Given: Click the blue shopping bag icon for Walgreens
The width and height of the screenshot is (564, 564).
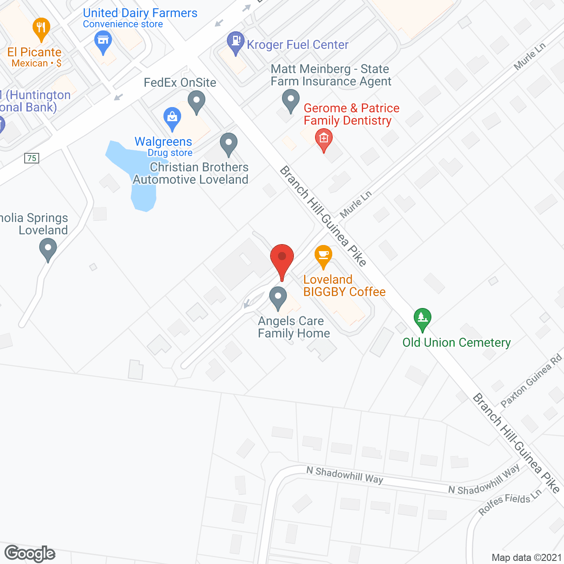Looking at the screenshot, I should click(172, 118).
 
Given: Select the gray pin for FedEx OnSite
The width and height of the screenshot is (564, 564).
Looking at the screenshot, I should click(197, 101).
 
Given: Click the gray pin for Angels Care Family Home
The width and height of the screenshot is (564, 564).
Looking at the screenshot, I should click(278, 297).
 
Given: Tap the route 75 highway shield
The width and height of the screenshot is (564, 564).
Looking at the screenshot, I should click(32, 158).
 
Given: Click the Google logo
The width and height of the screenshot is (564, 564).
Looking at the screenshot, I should click(30, 553).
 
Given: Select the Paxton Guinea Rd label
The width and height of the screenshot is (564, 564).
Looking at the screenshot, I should click(532, 380).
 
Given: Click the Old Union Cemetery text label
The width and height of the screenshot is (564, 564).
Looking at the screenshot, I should click(456, 342).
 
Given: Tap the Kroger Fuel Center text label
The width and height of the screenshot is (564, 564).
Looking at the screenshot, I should click(297, 45).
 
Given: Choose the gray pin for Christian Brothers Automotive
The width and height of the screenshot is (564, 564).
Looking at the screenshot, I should click(228, 144).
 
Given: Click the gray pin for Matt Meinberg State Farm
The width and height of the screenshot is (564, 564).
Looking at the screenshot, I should click(290, 100).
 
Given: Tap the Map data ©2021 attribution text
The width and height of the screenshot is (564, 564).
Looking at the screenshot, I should click(527, 557).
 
